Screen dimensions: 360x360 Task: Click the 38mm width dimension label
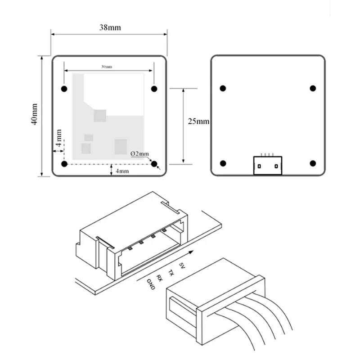click(x=110, y=27)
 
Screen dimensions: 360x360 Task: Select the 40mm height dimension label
click(x=35, y=115)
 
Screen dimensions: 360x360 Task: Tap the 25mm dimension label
click(x=198, y=121)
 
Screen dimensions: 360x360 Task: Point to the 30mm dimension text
click(x=107, y=67)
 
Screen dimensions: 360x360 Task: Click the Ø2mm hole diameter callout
click(x=139, y=153)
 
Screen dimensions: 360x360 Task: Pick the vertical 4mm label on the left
click(x=59, y=139)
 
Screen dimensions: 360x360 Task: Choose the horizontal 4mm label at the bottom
click(x=123, y=171)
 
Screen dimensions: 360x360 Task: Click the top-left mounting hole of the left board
click(x=64, y=88)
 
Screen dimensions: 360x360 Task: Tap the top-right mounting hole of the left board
click(x=154, y=88)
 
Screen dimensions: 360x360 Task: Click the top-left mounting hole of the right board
click(x=223, y=88)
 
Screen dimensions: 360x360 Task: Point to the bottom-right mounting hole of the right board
click(x=313, y=163)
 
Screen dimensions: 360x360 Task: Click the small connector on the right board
click(x=268, y=165)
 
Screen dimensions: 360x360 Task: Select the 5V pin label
click(x=182, y=266)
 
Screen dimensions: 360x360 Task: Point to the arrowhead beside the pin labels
click(x=191, y=253)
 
